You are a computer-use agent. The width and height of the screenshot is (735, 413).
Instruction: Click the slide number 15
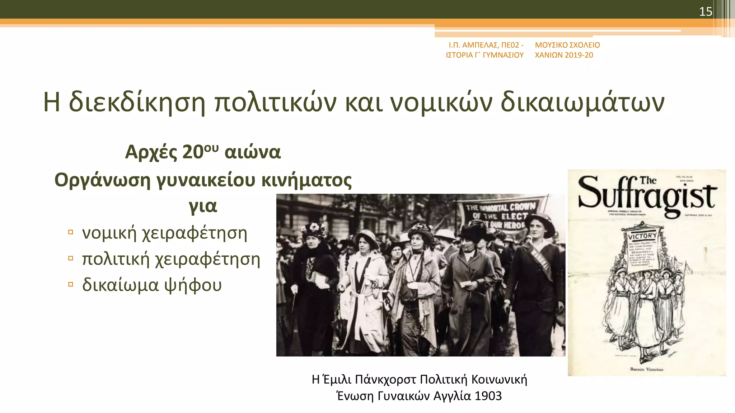[705, 12]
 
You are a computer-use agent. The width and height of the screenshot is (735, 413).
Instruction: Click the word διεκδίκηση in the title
[137, 103]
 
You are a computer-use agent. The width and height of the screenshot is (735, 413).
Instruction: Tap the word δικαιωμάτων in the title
[582, 103]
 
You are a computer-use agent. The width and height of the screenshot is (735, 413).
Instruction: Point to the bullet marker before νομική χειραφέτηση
[71, 232]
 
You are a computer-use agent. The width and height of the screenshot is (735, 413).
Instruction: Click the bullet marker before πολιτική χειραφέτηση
[71, 258]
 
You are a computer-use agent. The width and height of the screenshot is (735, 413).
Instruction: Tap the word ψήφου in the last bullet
[193, 285]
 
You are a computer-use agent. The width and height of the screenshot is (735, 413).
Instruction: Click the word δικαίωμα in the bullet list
[120, 285]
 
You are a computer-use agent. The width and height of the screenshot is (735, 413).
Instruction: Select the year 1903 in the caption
[488, 396]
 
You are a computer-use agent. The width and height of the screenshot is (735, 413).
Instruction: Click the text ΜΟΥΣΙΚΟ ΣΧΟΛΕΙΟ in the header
[567, 45]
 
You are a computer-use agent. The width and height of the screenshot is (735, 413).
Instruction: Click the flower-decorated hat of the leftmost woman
[314, 228]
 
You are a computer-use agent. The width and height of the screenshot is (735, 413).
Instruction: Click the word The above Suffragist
[648, 180]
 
